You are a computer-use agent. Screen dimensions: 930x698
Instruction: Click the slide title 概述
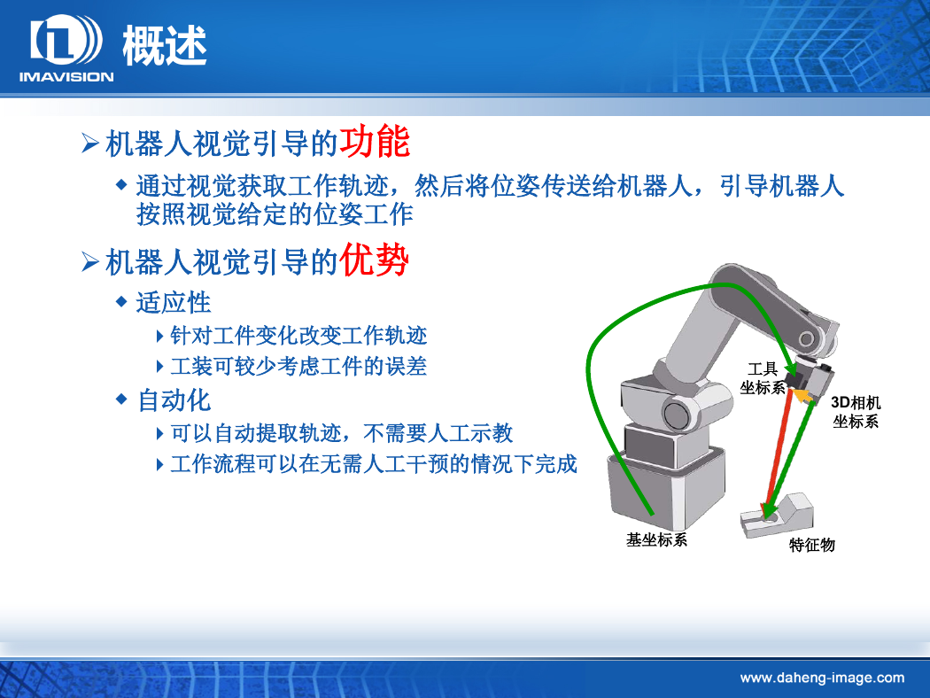pyautogui.click(x=164, y=46)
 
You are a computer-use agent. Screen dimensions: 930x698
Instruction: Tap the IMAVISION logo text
pyautogui.click(x=66, y=76)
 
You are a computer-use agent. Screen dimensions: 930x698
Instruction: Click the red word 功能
pyautogui.click(x=375, y=141)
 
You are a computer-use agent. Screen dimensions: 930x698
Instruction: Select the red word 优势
pyautogui.click(x=375, y=260)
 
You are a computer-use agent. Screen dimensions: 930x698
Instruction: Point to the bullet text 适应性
pyautogui.click(x=174, y=302)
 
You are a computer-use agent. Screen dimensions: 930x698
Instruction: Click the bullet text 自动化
pyautogui.click(x=174, y=400)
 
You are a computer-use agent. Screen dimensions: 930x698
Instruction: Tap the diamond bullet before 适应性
pyautogui.click(x=121, y=302)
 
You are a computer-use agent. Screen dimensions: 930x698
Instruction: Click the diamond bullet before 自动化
pyautogui.click(x=121, y=399)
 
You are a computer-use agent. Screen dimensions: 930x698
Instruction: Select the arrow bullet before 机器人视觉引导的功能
pyautogui.click(x=89, y=143)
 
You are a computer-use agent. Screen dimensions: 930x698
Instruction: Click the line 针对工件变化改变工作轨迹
pyautogui.click(x=298, y=336)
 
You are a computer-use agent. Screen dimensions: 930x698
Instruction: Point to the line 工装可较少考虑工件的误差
pyautogui.click(x=298, y=367)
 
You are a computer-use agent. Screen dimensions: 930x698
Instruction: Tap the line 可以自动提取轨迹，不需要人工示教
pyautogui.click(x=341, y=433)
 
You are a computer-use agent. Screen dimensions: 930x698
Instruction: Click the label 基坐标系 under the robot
pyautogui.click(x=656, y=539)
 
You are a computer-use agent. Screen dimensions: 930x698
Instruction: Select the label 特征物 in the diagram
pyautogui.click(x=812, y=545)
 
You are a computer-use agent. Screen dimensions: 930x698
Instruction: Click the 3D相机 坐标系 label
pyautogui.click(x=856, y=412)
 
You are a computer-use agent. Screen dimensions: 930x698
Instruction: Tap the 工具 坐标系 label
pyautogui.click(x=762, y=378)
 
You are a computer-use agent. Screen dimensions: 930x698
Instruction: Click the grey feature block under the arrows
pyautogui.click(x=777, y=516)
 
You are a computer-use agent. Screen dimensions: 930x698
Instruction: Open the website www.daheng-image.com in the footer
pyautogui.click(x=822, y=678)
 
